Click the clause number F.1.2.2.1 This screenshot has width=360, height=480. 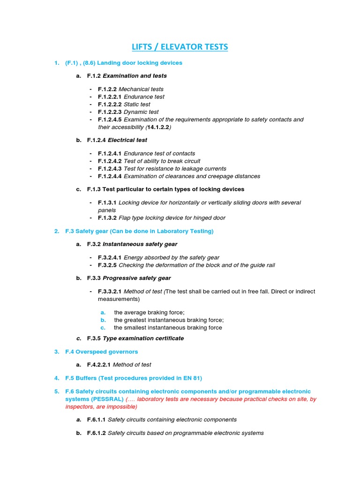[x=110, y=97]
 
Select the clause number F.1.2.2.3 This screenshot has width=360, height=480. [x=110, y=112]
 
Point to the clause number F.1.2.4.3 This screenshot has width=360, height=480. [x=110, y=169]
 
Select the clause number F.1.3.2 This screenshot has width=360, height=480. [x=107, y=218]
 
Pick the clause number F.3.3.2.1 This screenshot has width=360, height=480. [x=110, y=292]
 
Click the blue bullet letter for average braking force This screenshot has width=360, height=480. [x=103, y=313]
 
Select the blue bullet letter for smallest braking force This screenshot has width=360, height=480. [x=103, y=328]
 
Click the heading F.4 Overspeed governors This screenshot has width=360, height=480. [x=102, y=352]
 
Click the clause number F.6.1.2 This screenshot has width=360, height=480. [x=97, y=433]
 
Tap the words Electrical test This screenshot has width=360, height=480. [x=127, y=140]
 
